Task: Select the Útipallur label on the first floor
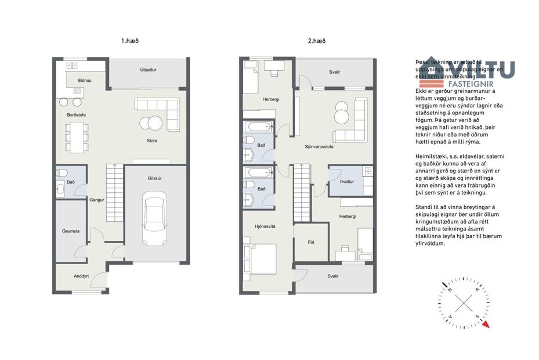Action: click(149, 70)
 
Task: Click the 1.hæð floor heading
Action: click(130, 41)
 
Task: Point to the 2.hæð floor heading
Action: click(317, 41)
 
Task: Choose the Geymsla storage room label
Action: click(71, 231)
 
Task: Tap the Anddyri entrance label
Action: click(81, 276)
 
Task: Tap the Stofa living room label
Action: click(152, 141)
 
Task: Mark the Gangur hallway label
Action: click(96, 200)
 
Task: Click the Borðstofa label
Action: click(76, 115)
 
